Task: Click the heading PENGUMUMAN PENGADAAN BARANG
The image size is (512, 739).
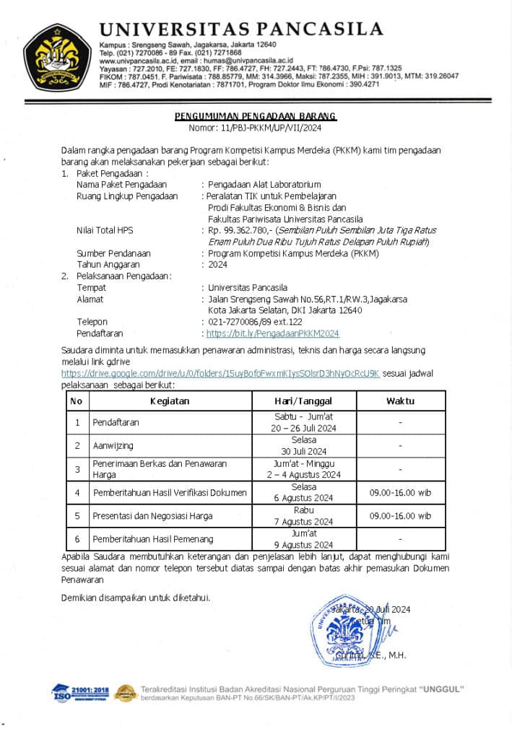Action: tap(256, 116)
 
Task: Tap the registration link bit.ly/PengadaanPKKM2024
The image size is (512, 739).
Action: tap(272, 333)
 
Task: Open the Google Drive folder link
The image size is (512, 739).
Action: tap(220, 374)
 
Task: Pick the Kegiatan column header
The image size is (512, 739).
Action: tap(170, 401)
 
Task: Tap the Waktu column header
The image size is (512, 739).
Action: tap(399, 401)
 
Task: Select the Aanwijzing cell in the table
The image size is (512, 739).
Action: tap(113, 446)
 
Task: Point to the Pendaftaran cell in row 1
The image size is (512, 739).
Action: tap(116, 422)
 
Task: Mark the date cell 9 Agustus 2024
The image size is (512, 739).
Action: tap(303, 544)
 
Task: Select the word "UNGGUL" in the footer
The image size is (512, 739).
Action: tap(440, 688)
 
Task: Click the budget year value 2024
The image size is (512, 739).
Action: tap(217, 264)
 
